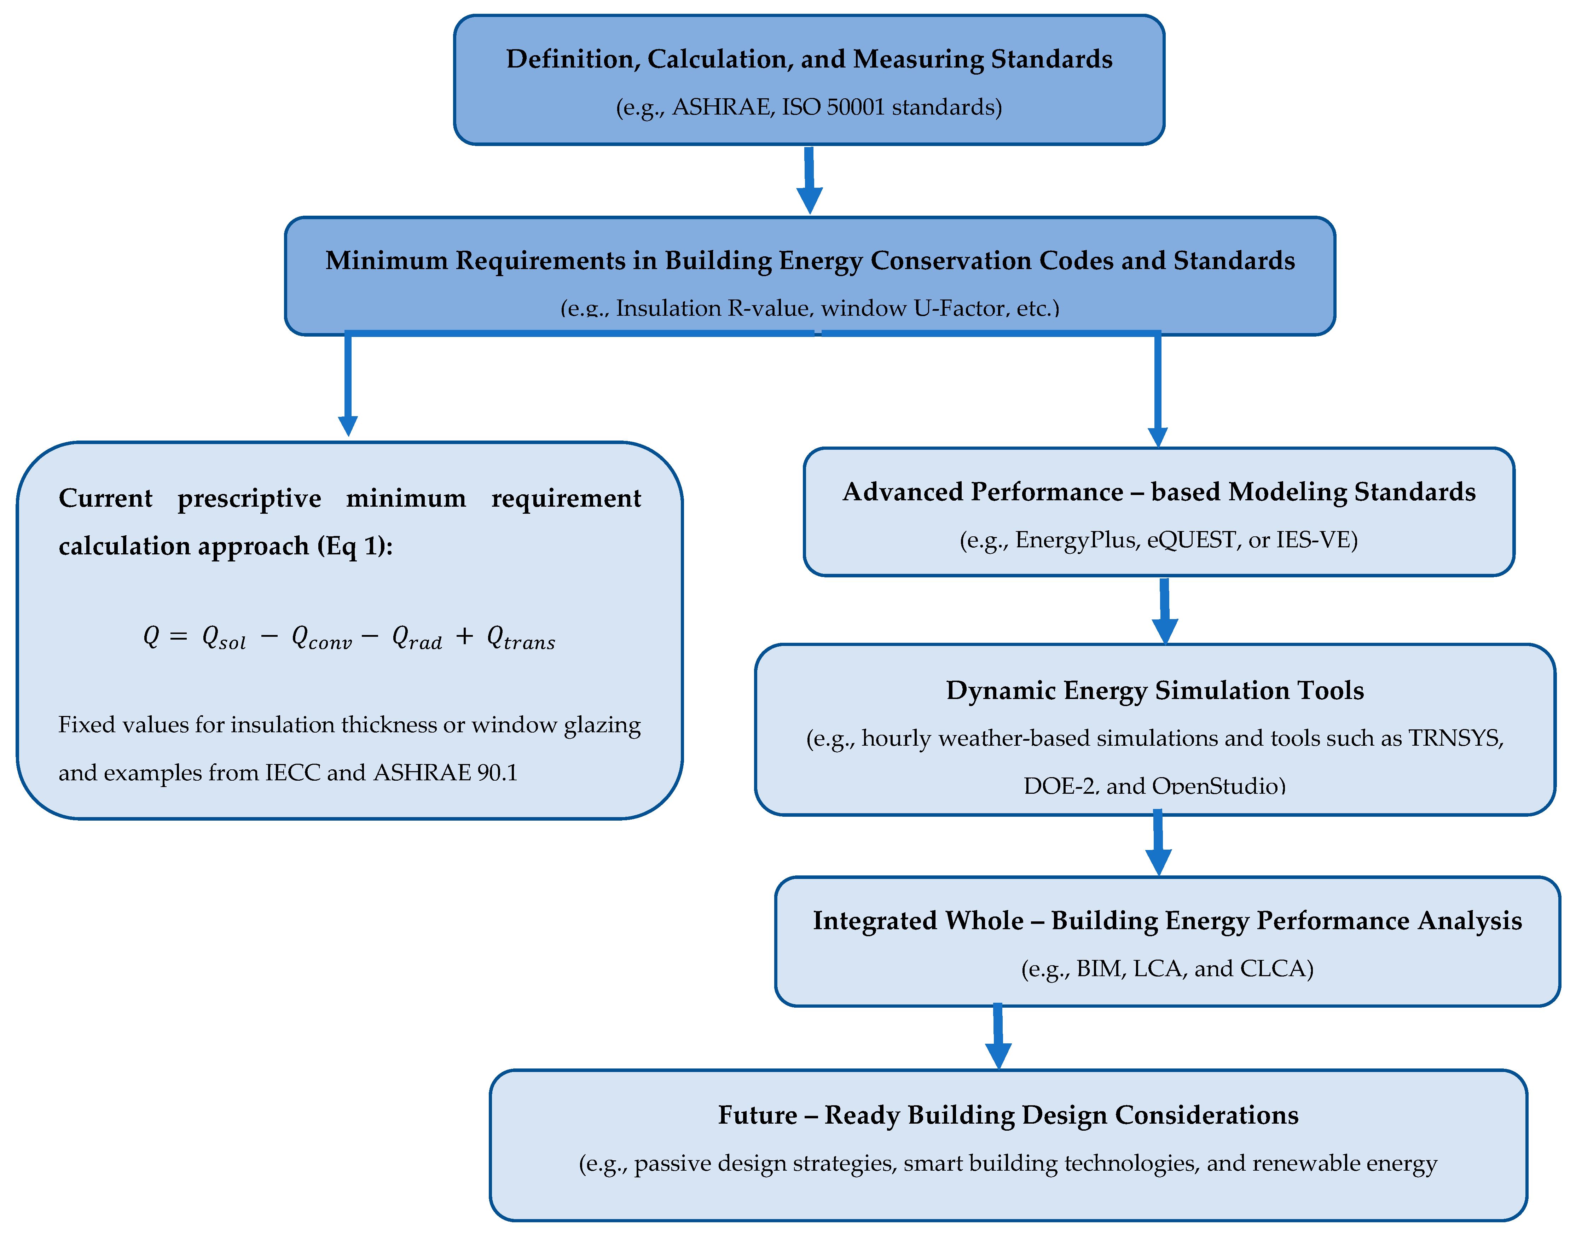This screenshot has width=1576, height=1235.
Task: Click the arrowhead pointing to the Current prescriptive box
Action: (348, 425)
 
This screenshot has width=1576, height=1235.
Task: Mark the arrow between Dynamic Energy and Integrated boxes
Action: (1158, 845)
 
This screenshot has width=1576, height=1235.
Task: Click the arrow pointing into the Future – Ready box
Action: (998, 1038)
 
